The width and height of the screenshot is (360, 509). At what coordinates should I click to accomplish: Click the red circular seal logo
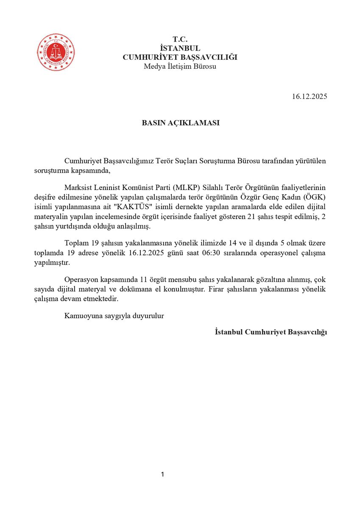[x=56, y=52]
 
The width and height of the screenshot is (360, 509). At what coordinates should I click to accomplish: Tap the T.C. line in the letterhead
[x=180, y=39]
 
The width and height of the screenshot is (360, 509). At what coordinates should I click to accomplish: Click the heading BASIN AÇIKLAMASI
[x=180, y=123]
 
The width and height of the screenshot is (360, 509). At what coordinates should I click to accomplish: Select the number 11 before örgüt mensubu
[x=140, y=280]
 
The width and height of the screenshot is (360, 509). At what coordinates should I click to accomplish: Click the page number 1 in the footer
[x=162, y=474]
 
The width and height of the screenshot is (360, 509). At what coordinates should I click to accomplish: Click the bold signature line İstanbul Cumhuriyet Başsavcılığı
[x=271, y=332]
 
